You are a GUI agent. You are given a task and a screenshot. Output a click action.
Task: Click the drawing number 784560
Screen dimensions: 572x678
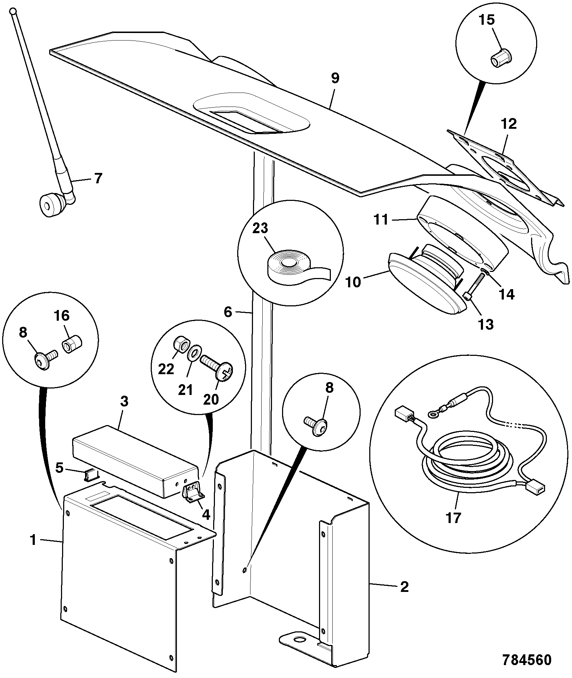point(526,660)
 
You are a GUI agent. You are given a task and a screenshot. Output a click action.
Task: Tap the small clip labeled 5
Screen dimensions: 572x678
point(91,476)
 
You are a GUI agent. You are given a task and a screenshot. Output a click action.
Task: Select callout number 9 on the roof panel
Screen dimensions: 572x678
point(335,78)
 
